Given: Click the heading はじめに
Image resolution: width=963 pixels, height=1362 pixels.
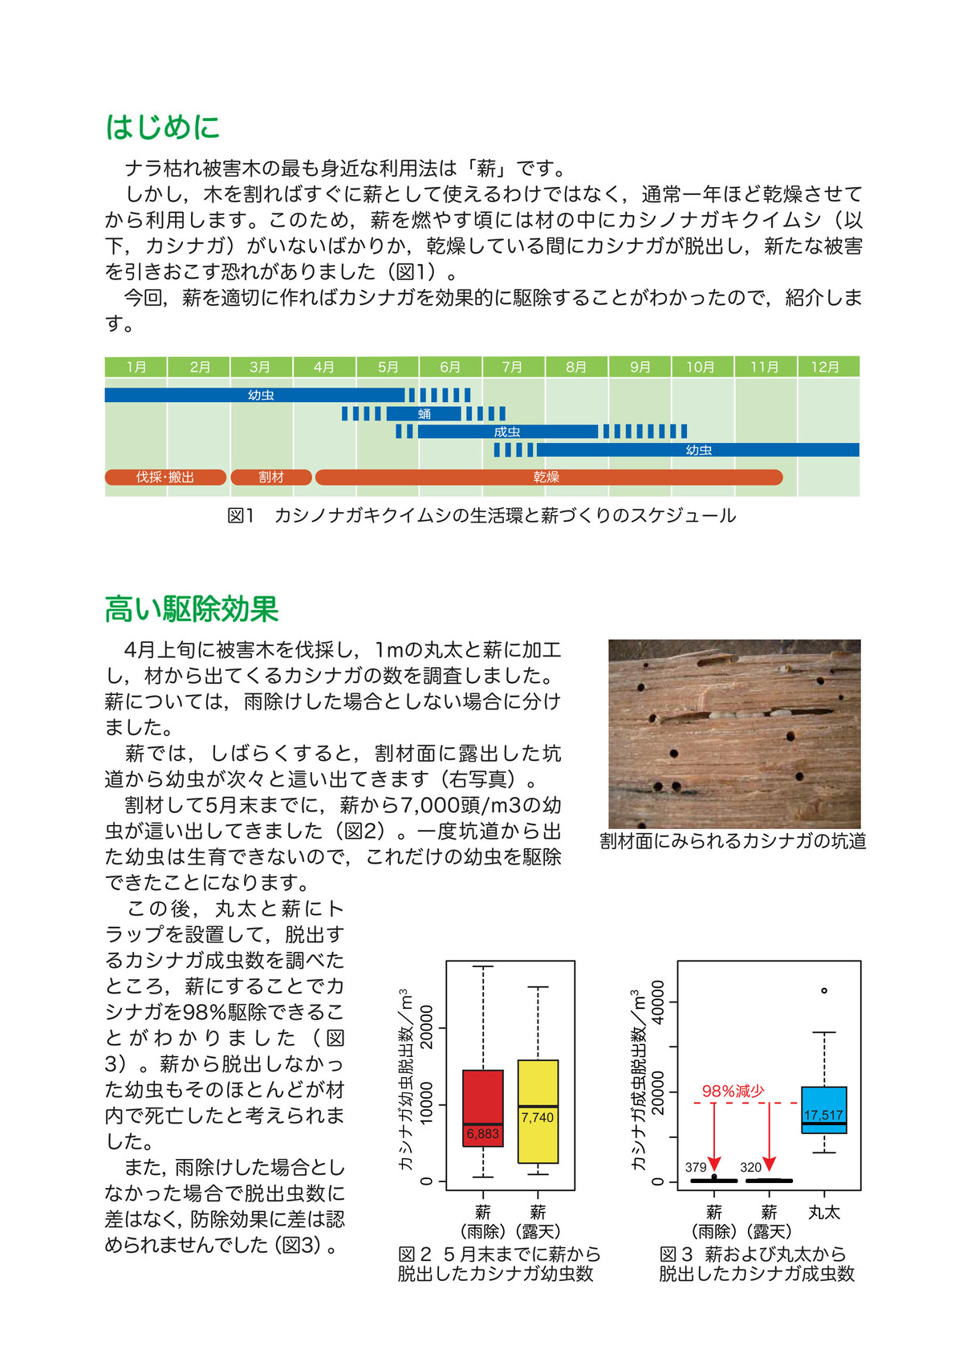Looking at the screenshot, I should (x=162, y=128).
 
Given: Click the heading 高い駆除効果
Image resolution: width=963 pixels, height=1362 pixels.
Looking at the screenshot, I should (x=191, y=609).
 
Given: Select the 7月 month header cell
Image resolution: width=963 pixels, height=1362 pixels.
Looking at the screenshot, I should (x=513, y=367).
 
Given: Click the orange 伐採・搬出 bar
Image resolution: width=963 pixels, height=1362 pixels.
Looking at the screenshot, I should (x=165, y=477).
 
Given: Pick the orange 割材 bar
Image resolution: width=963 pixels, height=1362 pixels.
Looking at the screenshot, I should (x=271, y=477).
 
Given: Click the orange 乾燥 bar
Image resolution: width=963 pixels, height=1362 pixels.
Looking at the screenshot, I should (x=548, y=477).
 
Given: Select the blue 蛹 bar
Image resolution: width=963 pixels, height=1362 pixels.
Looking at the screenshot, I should (x=425, y=413).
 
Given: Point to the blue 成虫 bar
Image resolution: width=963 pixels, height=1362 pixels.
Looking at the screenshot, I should (x=507, y=432).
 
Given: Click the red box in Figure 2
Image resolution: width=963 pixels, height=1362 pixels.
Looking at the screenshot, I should (x=483, y=1096).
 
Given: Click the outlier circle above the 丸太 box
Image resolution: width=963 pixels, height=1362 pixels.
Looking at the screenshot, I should (x=824, y=990).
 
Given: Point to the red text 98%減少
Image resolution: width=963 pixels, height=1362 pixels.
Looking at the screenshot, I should (x=733, y=1091).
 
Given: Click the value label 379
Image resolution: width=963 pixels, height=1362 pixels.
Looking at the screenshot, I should (x=696, y=1167).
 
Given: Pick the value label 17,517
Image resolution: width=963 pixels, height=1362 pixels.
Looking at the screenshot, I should (x=823, y=1116).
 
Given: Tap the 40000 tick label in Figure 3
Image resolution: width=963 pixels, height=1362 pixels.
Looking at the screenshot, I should (x=658, y=1002).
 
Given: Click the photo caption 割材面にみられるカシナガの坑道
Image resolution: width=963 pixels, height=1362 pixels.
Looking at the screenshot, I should (x=733, y=840).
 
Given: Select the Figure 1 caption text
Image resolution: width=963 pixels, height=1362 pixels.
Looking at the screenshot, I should (x=481, y=515).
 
